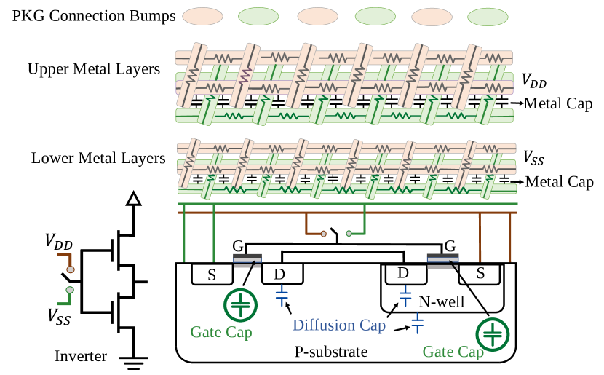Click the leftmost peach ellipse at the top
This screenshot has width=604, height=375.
tap(202, 16)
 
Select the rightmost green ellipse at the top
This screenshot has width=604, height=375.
tap(488, 17)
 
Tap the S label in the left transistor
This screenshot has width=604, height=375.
tap(212, 275)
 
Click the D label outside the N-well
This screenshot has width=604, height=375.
tap(279, 275)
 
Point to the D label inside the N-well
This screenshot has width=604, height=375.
tap(402, 274)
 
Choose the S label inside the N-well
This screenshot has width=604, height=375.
tap(480, 275)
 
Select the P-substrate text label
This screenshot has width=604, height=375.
tap(330, 352)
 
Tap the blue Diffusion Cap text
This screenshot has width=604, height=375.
tap(339, 325)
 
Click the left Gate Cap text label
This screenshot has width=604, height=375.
tap(221, 333)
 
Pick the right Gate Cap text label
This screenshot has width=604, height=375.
tap(453, 352)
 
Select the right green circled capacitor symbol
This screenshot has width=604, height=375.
tap(493, 335)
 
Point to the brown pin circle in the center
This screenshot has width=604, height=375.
tap(324, 234)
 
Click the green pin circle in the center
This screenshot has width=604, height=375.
tap(349, 234)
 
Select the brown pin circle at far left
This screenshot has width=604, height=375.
tap(71, 269)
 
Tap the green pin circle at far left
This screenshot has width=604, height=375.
tap(70, 290)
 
